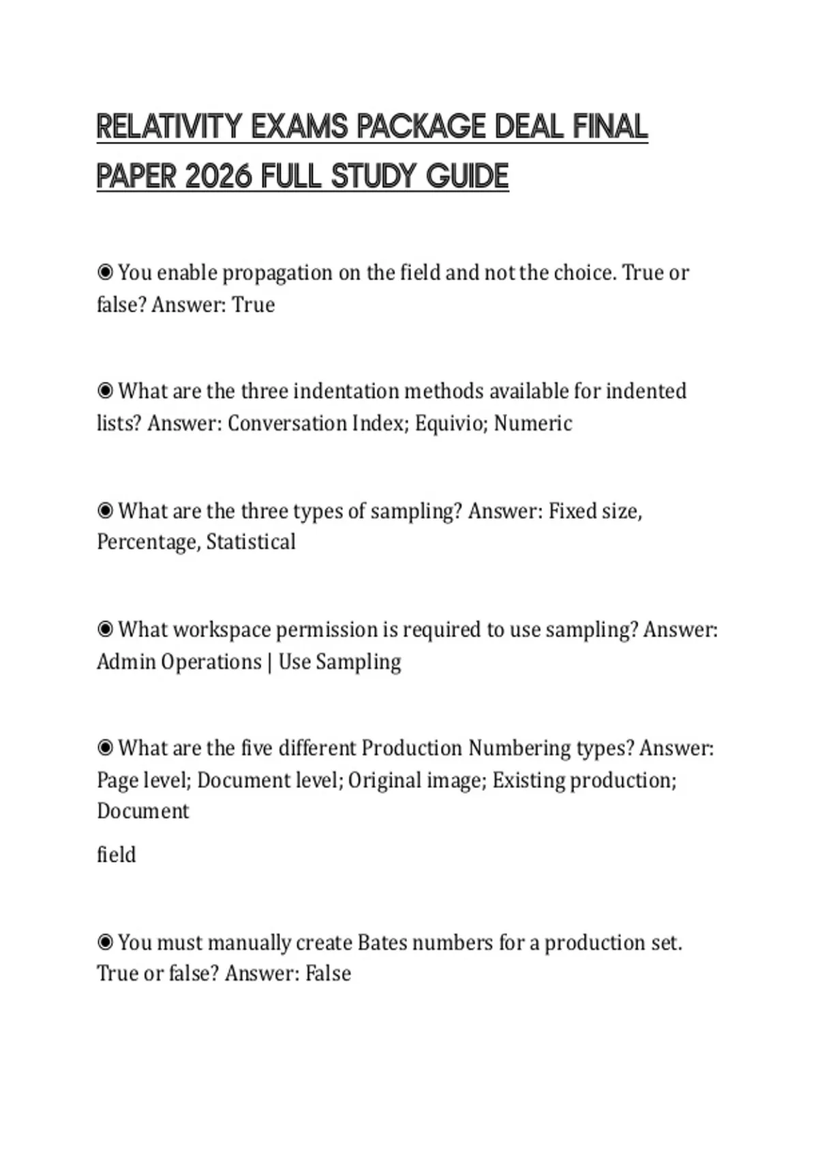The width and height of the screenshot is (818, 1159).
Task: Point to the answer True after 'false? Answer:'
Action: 254,305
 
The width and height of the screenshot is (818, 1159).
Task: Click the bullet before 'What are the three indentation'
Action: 105,391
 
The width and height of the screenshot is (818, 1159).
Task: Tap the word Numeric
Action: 533,423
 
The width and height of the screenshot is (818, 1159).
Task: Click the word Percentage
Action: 149,543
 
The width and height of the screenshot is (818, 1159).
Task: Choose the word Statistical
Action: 251,543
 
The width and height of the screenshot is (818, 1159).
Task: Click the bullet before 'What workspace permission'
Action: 105,629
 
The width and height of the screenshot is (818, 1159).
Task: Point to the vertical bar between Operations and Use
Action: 270,662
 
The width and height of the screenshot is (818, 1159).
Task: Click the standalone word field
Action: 116,855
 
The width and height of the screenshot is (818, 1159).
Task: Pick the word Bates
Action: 382,943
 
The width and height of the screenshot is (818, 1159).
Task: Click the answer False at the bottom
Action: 328,974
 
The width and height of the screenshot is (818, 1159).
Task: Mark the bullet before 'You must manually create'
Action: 105,943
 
